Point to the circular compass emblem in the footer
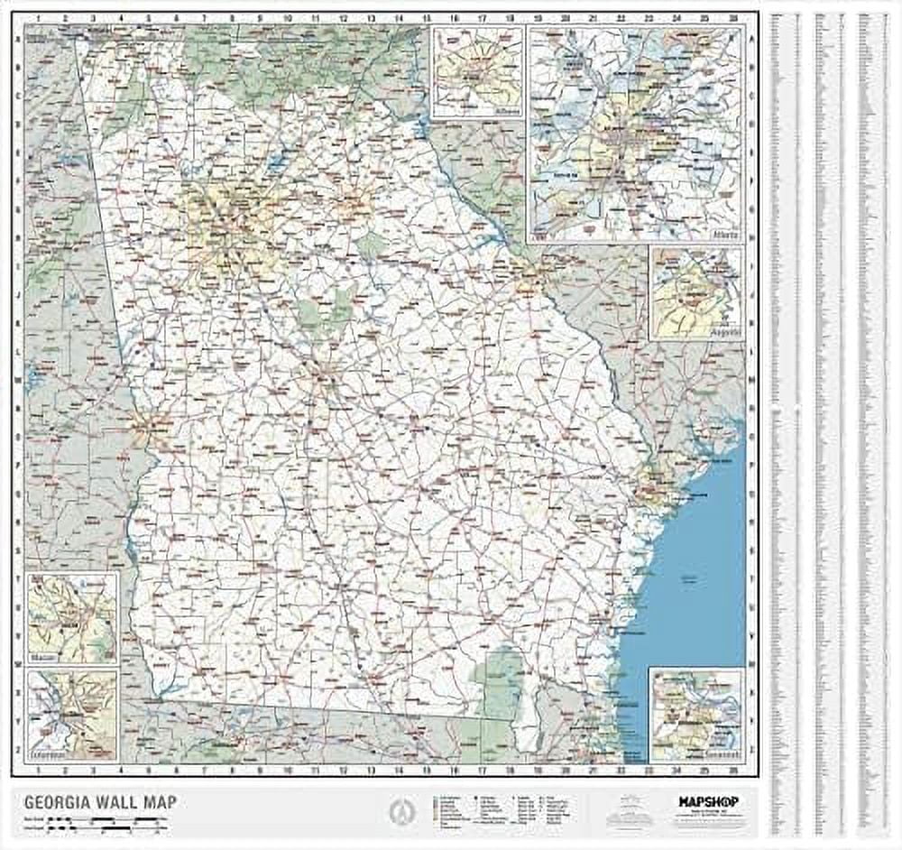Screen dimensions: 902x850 396,811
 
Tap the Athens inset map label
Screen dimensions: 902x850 508,111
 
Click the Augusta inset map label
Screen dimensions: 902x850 727,333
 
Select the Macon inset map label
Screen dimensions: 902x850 41,658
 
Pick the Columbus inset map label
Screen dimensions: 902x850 47,753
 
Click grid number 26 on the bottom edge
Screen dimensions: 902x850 733,770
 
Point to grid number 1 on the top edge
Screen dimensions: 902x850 37,17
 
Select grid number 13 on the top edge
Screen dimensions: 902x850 372,17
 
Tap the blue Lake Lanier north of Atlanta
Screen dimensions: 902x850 276,163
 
